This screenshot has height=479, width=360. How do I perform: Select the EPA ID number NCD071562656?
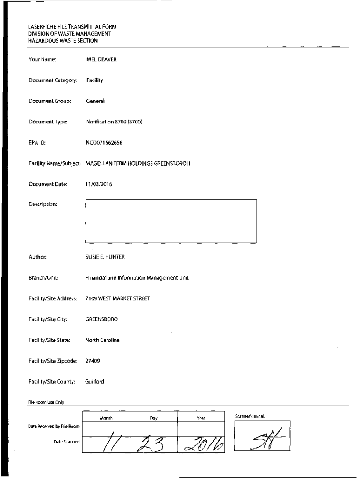tap(104, 142)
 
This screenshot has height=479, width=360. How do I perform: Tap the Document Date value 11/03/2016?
tap(99, 184)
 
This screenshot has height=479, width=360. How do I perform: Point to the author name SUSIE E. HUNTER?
tap(105, 257)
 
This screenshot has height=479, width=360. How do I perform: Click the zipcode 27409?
tap(93, 361)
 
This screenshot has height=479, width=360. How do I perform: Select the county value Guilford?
tap(95, 382)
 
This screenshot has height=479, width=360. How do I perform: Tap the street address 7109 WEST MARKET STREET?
tap(117, 298)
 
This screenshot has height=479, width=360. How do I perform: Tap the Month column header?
tap(106, 418)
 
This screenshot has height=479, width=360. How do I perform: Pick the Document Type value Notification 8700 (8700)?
tap(114, 122)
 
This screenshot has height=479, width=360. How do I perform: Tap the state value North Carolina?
tap(102, 340)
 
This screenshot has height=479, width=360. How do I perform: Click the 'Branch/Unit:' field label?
tap(42, 278)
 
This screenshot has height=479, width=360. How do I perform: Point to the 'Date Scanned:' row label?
tap(67, 442)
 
